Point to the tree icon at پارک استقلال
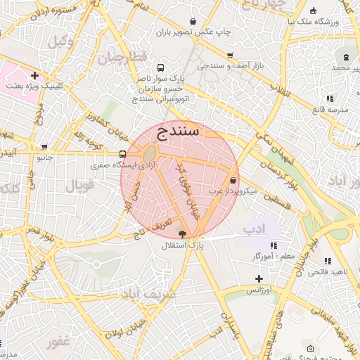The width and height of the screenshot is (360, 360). point(183,235)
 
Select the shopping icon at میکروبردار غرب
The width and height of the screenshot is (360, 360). point(233,180)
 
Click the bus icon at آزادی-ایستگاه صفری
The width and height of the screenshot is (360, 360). point(123,155)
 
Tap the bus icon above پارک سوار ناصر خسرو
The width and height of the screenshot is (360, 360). point(162,68)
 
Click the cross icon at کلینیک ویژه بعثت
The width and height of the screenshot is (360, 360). point(34,75)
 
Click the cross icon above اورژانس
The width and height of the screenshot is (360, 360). point(259,279)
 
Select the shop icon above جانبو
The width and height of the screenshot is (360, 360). point(45,148)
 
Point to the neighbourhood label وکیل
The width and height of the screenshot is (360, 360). point(61,41)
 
